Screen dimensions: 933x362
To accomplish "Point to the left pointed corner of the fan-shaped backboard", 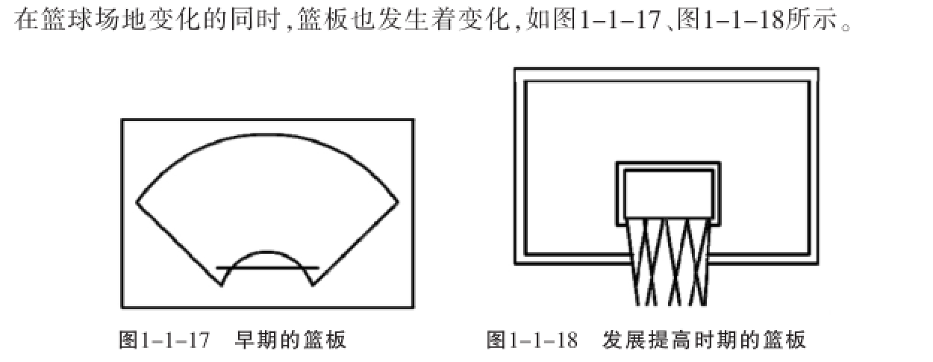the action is point(137,202).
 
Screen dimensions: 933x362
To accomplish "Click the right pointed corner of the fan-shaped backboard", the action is point(398,202).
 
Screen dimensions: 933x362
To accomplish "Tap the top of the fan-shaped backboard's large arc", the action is point(267,134).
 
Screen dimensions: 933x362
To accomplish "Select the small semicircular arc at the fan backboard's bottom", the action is point(267,252).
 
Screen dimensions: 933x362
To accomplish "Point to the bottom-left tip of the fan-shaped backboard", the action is point(222,284).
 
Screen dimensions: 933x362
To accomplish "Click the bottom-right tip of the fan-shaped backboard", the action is point(311,284).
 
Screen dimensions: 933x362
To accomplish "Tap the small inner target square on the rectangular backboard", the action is point(667,193).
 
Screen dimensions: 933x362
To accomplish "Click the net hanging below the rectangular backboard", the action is point(667,261).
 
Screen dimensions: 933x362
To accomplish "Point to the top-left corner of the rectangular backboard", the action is point(515,69).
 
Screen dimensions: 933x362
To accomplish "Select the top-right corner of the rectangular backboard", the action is point(818,69).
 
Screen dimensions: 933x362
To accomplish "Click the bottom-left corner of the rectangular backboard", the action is point(515,263).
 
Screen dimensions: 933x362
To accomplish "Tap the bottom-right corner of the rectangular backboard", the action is point(818,263).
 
